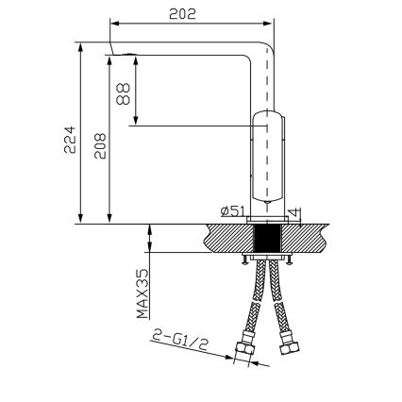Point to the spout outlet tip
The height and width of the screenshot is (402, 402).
tap(112, 51)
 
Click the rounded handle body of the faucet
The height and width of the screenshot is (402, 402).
tap(268, 160)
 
